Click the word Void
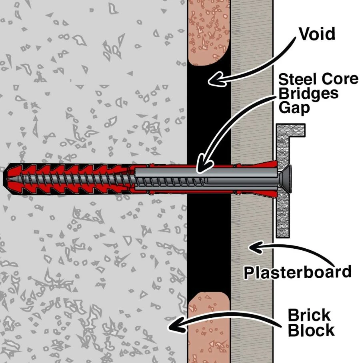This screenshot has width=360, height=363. (x=317, y=35)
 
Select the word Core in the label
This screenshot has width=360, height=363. (x=338, y=79)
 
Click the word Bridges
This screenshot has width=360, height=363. (x=308, y=94)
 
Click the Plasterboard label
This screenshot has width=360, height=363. (x=298, y=272)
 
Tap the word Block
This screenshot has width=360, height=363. (x=311, y=331)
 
